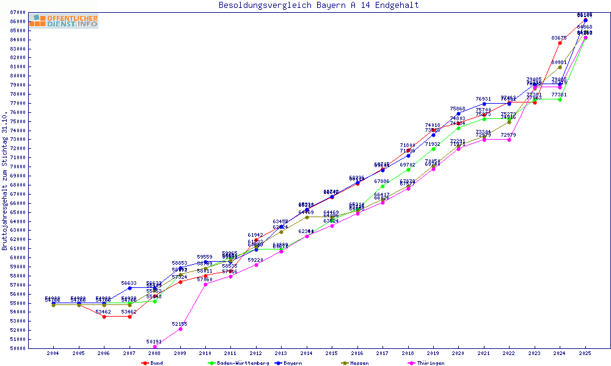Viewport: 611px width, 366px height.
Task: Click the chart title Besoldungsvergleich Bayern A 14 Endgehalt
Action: point(318,5)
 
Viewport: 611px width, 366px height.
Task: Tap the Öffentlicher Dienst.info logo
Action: point(63,21)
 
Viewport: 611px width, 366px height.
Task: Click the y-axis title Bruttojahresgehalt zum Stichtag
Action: point(5,181)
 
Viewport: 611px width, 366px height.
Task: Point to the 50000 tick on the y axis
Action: point(16,348)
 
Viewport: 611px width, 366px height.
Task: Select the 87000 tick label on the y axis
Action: point(16,12)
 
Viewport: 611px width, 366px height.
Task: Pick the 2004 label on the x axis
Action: point(54,353)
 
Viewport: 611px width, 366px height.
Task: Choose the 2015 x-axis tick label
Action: point(332,353)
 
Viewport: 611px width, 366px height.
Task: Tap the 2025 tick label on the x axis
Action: point(585,353)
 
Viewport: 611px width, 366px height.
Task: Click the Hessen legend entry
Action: point(359,363)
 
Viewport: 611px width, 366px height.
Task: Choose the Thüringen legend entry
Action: point(430,363)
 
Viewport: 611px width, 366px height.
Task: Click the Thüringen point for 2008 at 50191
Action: point(155,346)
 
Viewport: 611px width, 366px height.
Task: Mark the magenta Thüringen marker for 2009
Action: point(180,329)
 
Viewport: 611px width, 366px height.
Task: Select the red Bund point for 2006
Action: point(104,317)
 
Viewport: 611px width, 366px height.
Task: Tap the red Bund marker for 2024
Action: point(560,43)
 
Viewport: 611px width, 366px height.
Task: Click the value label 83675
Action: point(559,38)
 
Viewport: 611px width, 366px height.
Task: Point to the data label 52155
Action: point(180,324)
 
